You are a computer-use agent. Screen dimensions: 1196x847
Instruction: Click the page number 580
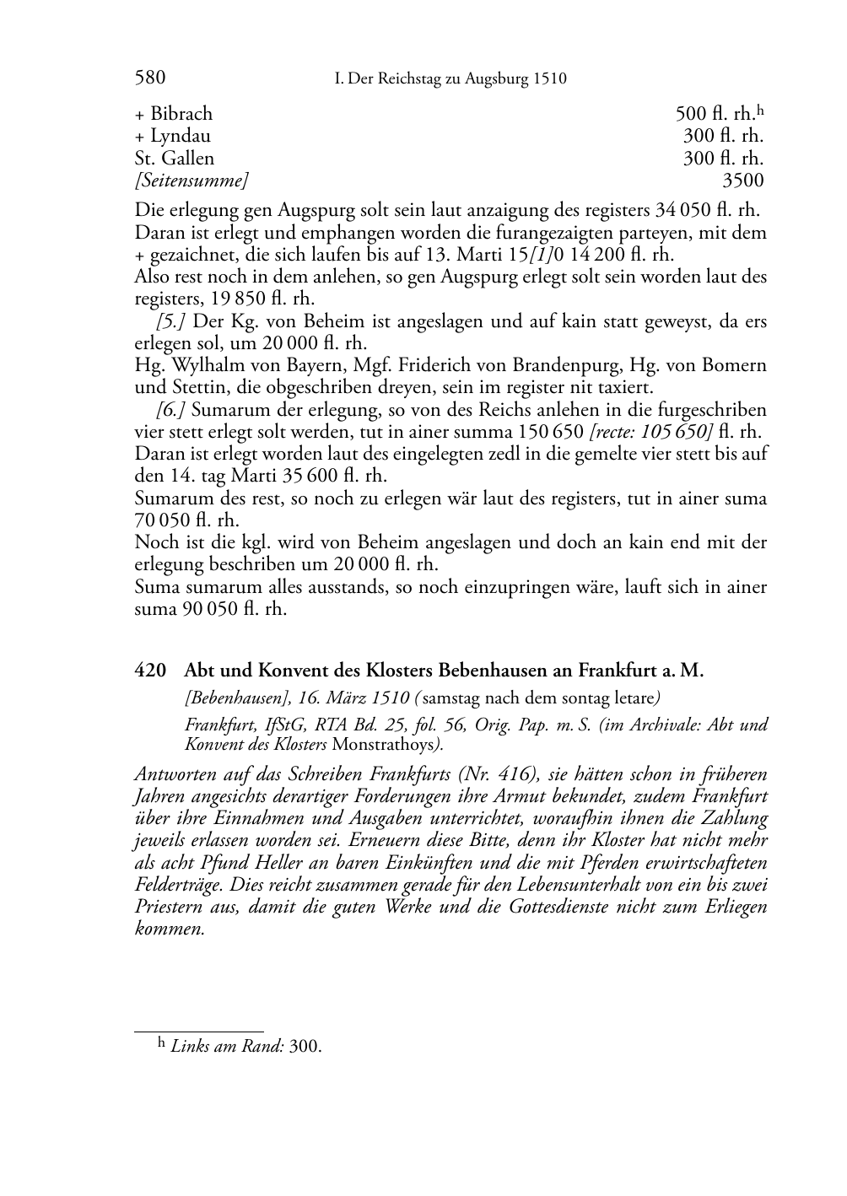(x=149, y=78)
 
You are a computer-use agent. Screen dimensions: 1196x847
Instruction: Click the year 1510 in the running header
(x=549, y=79)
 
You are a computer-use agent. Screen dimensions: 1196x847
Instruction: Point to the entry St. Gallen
(x=175, y=158)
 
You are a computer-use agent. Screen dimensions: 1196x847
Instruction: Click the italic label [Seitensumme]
(x=192, y=180)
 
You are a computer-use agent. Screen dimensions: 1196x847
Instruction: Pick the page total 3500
(x=743, y=180)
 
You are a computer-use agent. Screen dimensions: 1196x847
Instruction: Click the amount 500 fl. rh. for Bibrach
(x=715, y=114)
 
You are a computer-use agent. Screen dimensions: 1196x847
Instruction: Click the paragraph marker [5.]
(x=171, y=321)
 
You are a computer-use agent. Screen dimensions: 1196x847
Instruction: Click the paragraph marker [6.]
(x=171, y=410)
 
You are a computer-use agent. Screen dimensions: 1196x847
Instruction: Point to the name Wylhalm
(x=199, y=365)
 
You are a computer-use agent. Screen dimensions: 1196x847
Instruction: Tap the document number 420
(x=149, y=671)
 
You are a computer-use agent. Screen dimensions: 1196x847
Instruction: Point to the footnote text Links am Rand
(x=227, y=1047)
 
